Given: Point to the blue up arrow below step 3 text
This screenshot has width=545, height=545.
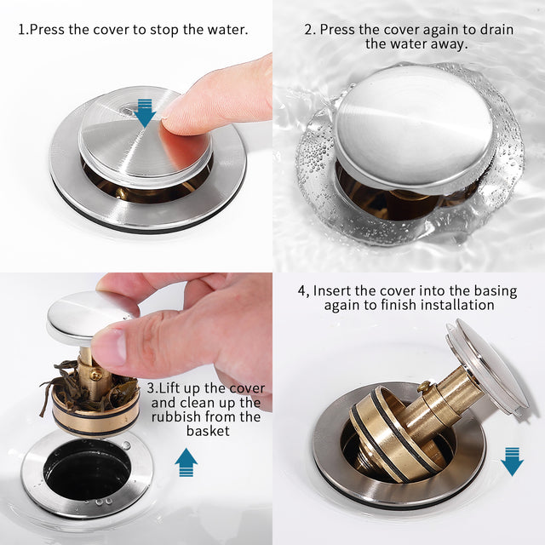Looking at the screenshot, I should [186, 462].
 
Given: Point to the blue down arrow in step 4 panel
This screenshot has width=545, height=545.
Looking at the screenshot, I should [512, 461].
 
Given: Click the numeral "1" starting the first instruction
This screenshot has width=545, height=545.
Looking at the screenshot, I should [21, 30].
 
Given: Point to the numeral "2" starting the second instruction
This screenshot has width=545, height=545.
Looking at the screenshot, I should [308, 30].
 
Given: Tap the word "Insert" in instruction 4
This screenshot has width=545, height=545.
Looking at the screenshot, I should [334, 290].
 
